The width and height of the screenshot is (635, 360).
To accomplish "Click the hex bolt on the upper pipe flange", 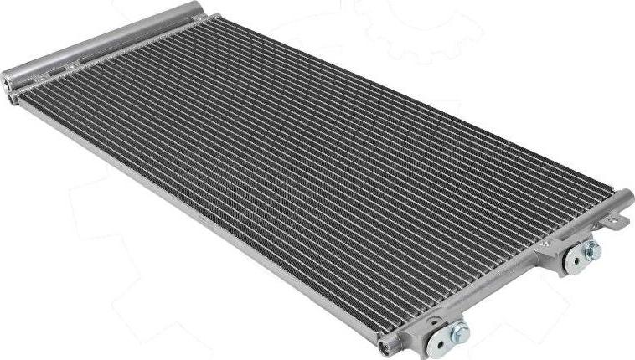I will coord(593,249).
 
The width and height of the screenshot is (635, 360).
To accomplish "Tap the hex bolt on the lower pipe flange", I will coord(460,333).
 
